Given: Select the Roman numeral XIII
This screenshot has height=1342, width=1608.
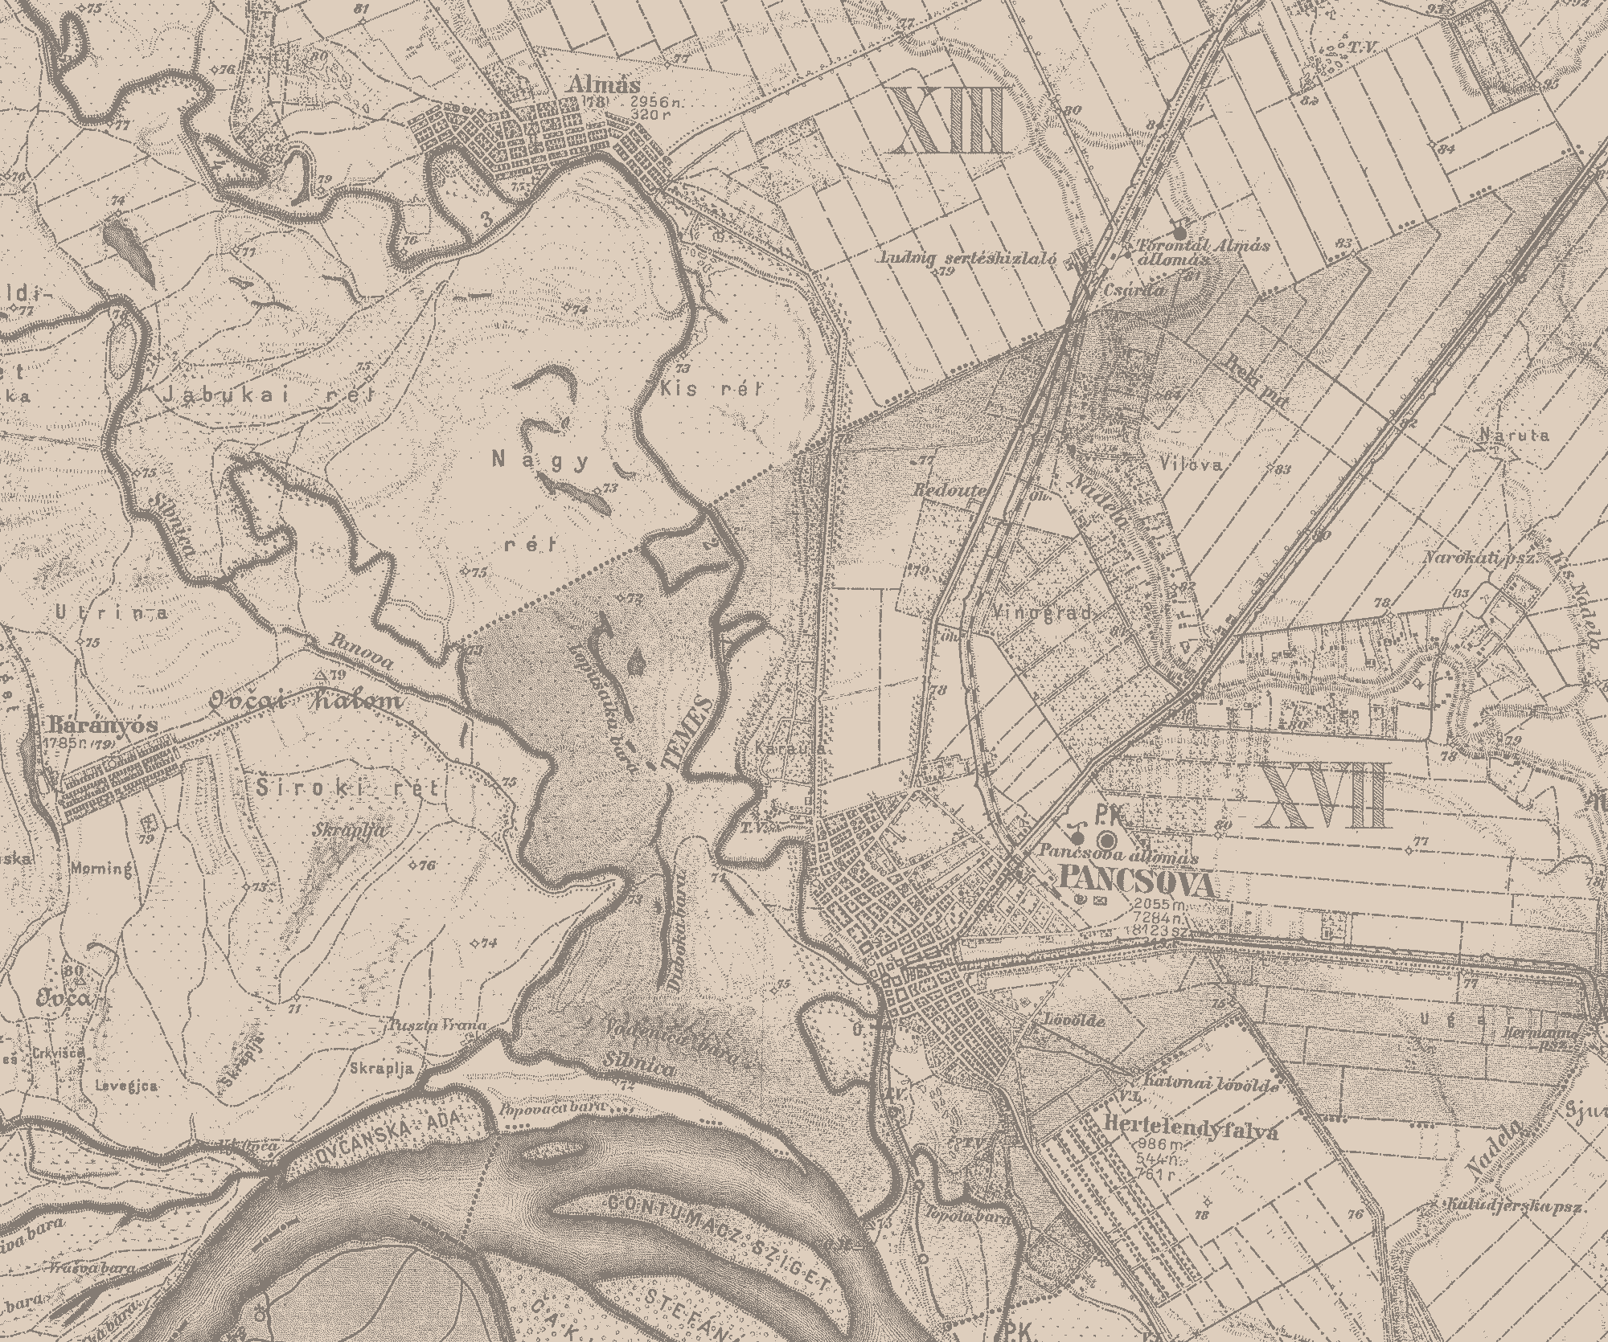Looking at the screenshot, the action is tap(949, 121).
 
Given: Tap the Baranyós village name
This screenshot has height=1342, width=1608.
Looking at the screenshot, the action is tap(113, 723).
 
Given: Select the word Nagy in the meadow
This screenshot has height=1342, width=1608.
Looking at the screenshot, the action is tap(540, 460).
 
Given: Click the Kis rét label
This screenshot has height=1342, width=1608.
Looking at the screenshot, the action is tap(709, 389).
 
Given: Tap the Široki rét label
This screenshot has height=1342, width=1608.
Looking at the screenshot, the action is tap(347, 788).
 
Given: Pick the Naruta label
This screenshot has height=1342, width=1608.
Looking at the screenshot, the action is tap(1502, 435).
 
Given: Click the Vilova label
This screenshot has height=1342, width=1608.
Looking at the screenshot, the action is tap(1192, 464).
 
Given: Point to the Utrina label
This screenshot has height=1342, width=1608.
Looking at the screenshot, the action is tap(112, 612).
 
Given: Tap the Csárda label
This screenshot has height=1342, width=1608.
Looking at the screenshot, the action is tap(1134, 290).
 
